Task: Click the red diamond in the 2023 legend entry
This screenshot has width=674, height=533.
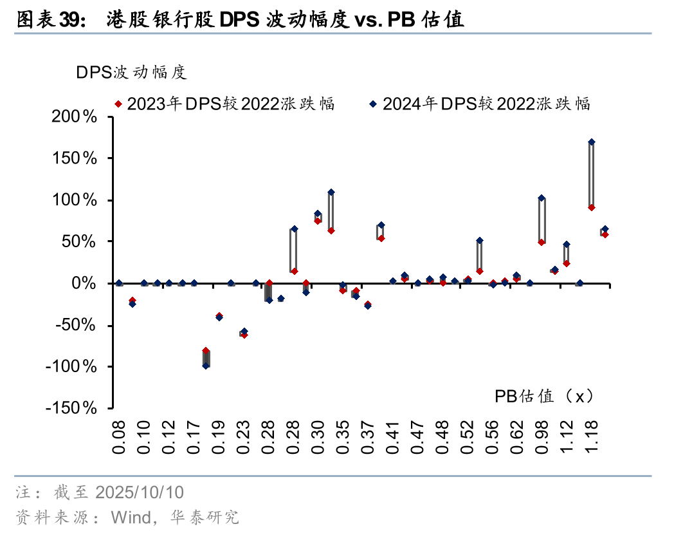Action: pos(118,104)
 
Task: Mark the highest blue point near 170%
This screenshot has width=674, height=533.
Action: pos(592,142)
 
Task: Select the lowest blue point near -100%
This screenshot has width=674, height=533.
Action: pos(206,366)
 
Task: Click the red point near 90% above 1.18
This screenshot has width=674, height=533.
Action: pos(592,207)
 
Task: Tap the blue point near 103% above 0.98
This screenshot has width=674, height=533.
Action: pos(542,198)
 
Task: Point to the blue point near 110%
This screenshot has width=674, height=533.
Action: pos(331,192)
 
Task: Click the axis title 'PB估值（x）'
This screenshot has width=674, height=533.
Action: pos(543,396)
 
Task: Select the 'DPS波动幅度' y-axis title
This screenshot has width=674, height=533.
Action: pos(132,72)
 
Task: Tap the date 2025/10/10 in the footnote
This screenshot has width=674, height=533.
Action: pos(140,493)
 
